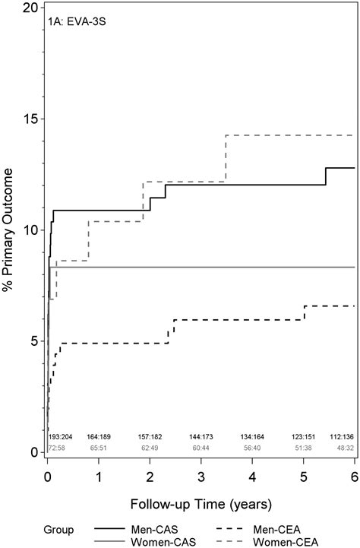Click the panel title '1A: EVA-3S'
coord(78,22)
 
